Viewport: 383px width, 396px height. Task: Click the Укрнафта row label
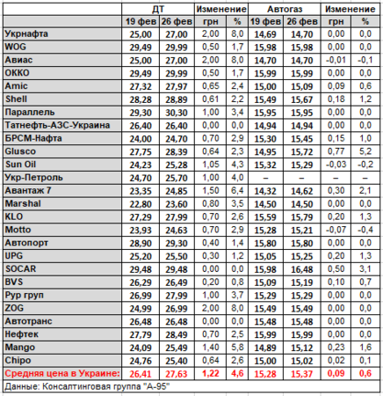pyautogui.click(x=26, y=34)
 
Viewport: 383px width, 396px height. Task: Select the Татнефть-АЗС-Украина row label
pyautogui.click(x=57, y=125)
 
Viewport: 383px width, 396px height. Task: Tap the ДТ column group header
pyautogui.click(x=158, y=9)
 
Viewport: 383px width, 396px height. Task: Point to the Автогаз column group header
pyautogui.click(x=285, y=9)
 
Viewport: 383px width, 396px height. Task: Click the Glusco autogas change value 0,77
pyautogui.click(x=336, y=151)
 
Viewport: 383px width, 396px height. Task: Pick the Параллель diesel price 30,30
pyautogui.click(x=177, y=113)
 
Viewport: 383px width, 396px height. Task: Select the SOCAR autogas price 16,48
pyautogui.click(x=302, y=269)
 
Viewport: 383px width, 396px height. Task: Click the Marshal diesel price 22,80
pyautogui.click(x=141, y=204)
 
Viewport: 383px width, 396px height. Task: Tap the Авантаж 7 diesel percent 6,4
pyautogui.click(x=237, y=191)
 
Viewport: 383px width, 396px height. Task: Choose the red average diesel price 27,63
pyautogui.click(x=177, y=374)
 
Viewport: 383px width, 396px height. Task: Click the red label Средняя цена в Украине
pyautogui.click(x=62, y=373)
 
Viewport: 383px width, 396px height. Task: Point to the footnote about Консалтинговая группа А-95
pyautogui.click(x=87, y=386)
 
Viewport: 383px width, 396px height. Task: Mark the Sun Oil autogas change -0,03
pyautogui.click(x=336, y=165)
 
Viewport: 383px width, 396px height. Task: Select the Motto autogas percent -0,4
pyautogui.click(x=365, y=230)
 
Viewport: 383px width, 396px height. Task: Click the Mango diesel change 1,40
pyautogui.click(x=211, y=348)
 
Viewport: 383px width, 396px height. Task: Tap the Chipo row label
pyautogui.click(x=18, y=361)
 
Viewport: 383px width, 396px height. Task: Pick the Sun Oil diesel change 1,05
pyautogui.click(x=211, y=165)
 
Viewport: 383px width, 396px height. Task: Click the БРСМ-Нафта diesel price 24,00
pyautogui.click(x=141, y=139)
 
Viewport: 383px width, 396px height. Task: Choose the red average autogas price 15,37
pyautogui.click(x=302, y=374)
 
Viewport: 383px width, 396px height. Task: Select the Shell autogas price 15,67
pyautogui.click(x=302, y=99)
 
